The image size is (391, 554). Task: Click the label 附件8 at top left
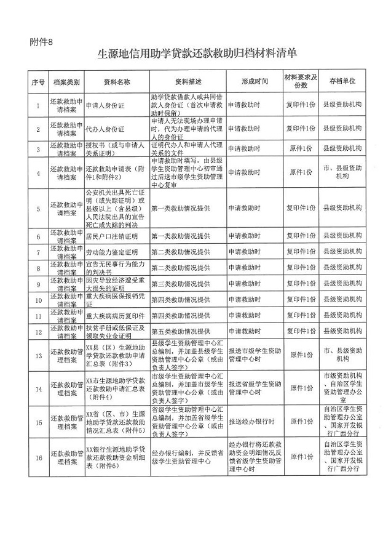(x=42, y=42)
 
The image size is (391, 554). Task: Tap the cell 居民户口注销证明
(x=112, y=236)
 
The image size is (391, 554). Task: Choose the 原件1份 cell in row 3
(x=301, y=149)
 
